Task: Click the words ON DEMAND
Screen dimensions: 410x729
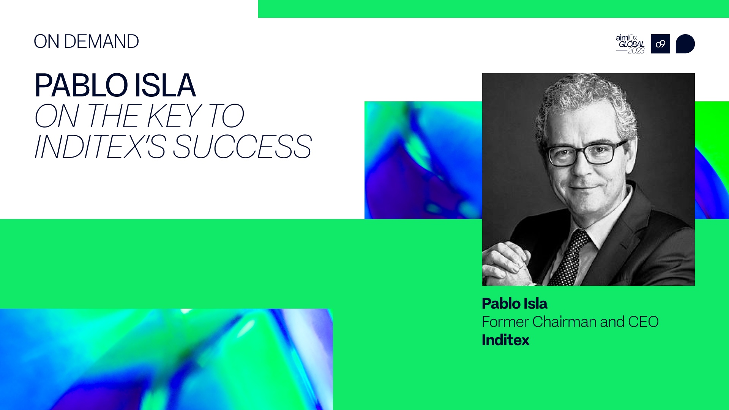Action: point(86,41)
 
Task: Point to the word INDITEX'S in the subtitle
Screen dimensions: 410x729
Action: point(100,147)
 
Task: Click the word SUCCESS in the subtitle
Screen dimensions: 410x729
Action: point(242,147)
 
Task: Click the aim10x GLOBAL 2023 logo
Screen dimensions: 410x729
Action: point(630,44)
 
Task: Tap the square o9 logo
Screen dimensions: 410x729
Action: point(660,44)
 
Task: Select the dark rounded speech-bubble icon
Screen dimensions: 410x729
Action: point(685,44)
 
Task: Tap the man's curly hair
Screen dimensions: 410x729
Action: point(585,99)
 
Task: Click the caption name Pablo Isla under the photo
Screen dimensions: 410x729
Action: point(514,304)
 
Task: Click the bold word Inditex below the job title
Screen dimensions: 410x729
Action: point(505,340)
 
